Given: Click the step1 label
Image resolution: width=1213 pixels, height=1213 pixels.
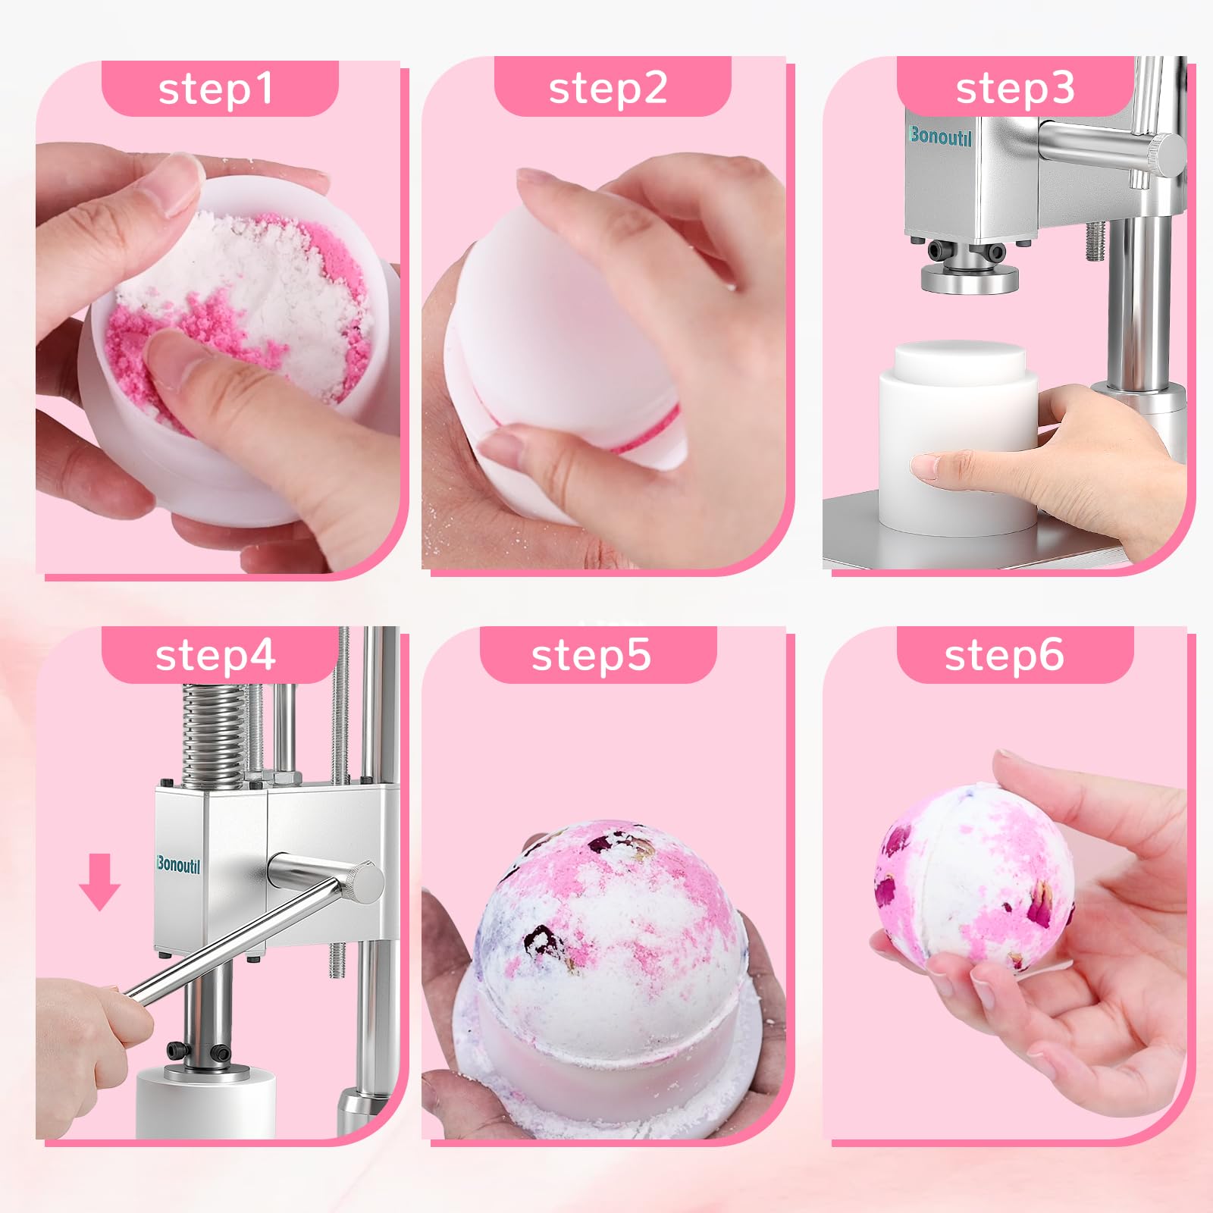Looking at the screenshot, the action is tap(215, 89).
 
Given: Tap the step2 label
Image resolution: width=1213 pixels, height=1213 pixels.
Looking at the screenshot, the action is tap(608, 89).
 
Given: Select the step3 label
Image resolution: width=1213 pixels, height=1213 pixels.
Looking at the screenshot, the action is tap(1015, 89).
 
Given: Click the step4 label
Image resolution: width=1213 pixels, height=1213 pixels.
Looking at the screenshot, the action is tap(215, 656).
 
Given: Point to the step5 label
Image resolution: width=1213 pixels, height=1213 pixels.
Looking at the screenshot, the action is tap(591, 656).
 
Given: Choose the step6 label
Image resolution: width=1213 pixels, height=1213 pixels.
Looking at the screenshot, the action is tap(1005, 656).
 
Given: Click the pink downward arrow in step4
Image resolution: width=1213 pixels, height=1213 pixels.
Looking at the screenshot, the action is tap(99, 882).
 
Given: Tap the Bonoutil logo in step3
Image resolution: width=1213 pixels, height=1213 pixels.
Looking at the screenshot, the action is tap(940, 136).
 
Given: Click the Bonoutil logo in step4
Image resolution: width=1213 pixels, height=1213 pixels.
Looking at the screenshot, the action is tap(178, 865).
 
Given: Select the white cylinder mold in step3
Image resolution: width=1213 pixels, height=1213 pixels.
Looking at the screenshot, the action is tap(958, 439).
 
